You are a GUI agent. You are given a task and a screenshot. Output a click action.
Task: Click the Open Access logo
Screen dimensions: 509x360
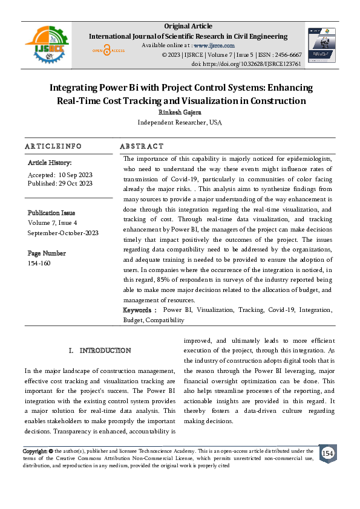pos(108,51)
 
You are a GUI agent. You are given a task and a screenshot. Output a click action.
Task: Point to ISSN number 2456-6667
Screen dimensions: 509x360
pos(288,54)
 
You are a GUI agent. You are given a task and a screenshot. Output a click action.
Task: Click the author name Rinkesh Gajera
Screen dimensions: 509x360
pos(180,112)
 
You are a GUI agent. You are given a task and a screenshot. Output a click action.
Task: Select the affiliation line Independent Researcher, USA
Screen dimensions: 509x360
pos(180,122)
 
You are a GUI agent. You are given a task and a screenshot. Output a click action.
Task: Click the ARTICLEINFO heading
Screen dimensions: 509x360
pos(53,146)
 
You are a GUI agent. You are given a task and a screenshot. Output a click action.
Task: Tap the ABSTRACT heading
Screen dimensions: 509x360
pos(142,146)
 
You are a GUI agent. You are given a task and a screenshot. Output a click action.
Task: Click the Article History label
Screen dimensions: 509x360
pos(50,163)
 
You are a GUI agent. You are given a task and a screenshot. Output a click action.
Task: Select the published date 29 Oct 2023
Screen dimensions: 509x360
pos(76,183)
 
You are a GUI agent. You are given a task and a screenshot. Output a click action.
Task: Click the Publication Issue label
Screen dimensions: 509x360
pos(51,213)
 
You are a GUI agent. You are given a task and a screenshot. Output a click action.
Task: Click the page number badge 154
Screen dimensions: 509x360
pos(327,453)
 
